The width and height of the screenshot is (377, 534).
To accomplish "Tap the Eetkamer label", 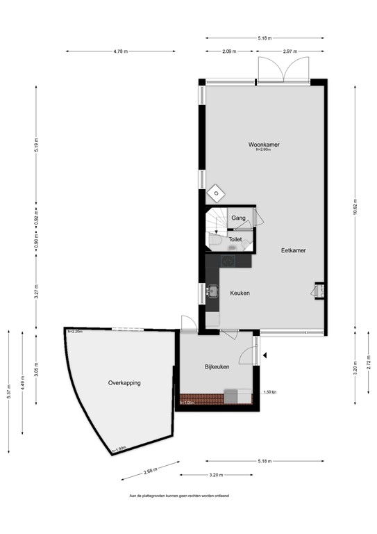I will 293,250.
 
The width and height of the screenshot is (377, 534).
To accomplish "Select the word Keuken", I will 240,293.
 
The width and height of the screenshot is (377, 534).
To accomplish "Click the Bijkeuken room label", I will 217,366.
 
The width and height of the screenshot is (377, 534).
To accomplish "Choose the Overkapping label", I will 124,383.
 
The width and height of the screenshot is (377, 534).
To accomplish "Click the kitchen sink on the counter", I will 212,291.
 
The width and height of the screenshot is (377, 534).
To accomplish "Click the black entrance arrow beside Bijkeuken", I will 265,357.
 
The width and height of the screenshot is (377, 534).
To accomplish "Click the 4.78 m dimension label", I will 119,51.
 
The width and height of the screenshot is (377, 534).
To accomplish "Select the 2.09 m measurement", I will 229,51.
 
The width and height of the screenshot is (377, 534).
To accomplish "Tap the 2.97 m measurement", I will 291,51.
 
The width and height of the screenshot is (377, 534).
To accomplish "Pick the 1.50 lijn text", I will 271,392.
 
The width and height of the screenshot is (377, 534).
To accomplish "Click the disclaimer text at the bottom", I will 179,496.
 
